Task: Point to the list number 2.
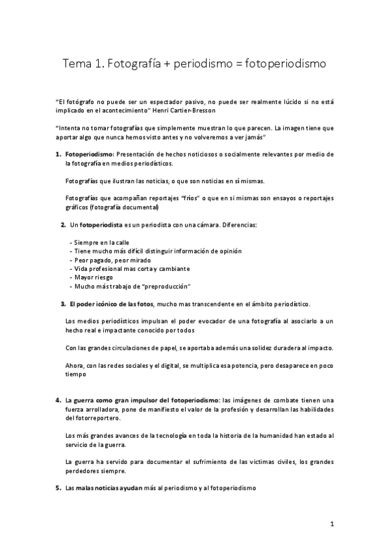click(63, 225)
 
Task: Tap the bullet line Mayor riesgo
click(94, 277)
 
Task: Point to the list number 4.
click(58, 400)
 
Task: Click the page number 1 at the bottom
click(331, 524)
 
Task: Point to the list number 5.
click(58, 487)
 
